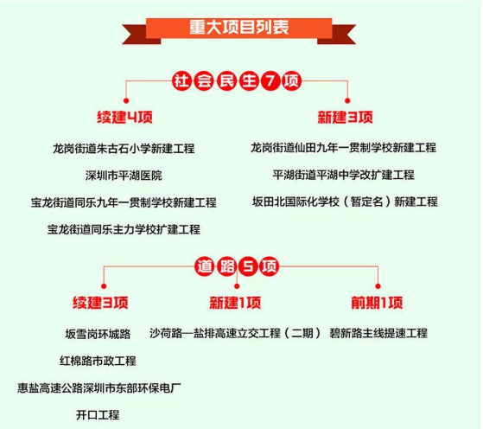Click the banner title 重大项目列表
[239, 27]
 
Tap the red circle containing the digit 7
[270, 80]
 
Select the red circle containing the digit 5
[248, 266]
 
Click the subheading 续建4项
[124, 117]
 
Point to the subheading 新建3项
[346, 117]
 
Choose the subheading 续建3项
[100, 303]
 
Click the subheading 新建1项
[235, 303]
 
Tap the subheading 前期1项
[377, 303]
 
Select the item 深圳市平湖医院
[124, 176]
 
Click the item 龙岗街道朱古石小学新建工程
[124, 149]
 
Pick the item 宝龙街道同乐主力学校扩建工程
[124, 229]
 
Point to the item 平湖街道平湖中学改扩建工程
[344, 175]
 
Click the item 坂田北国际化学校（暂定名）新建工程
[345, 202]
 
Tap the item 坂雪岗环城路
[98, 334]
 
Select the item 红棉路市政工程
[98, 361]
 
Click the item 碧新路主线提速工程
[378, 333]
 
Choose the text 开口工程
[98, 415]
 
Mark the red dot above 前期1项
[378, 286]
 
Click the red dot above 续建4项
[126, 100]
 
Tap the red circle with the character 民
[226, 80]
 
